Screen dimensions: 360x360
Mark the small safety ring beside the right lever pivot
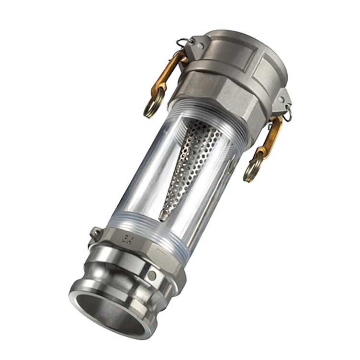click(288, 115)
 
